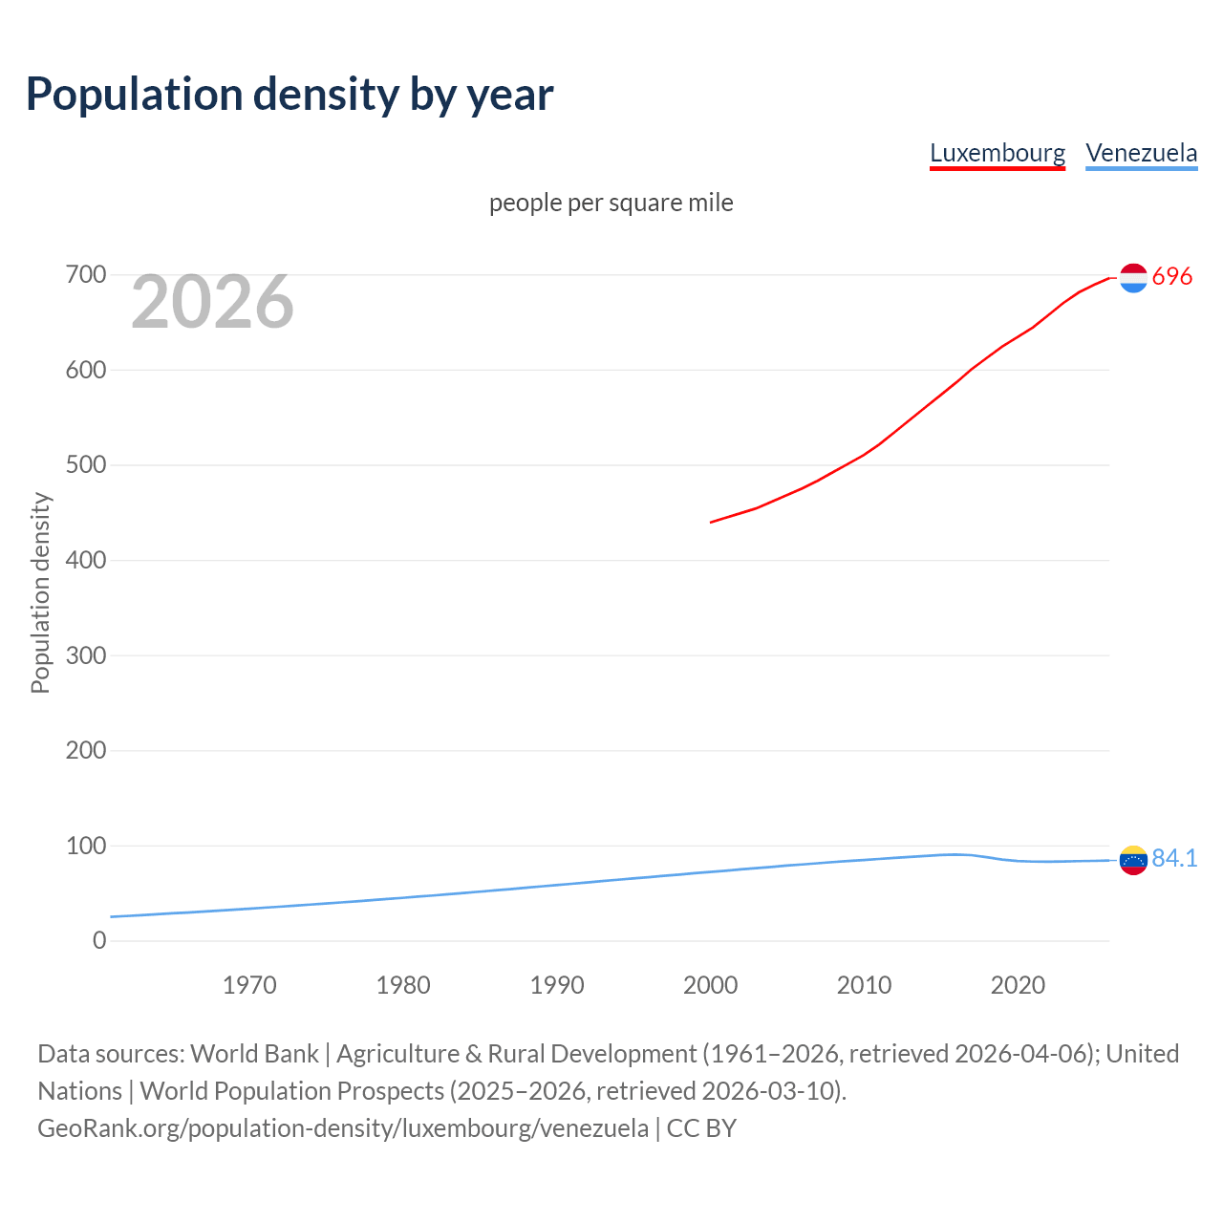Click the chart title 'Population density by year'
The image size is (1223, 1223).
click(290, 94)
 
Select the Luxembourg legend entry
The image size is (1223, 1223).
click(997, 153)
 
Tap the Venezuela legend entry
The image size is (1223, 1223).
click(1141, 153)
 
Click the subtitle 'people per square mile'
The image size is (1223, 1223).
click(611, 203)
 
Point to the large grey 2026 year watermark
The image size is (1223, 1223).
click(212, 302)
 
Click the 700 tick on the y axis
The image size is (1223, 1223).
click(86, 275)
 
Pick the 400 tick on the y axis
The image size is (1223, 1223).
click(86, 560)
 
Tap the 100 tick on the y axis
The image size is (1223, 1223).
click(86, 846)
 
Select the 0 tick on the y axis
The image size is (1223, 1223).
click(99, 940)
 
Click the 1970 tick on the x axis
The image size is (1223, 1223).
click(249, 985)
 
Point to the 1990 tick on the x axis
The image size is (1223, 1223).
click(557, 985)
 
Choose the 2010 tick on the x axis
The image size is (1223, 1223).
click(864, 985)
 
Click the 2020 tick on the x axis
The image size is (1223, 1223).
click(1018, 985)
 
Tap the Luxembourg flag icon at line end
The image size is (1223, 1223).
click(1133, 278)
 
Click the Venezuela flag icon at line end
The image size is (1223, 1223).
click(1133, 860)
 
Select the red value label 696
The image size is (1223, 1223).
click(1172, 276)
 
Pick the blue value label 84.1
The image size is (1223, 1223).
click(1174, 858)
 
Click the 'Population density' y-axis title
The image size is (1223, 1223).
click(40, 592)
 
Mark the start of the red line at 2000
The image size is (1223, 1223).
click(711, 522)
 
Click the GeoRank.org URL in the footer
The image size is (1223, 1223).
click(343, 1127)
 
